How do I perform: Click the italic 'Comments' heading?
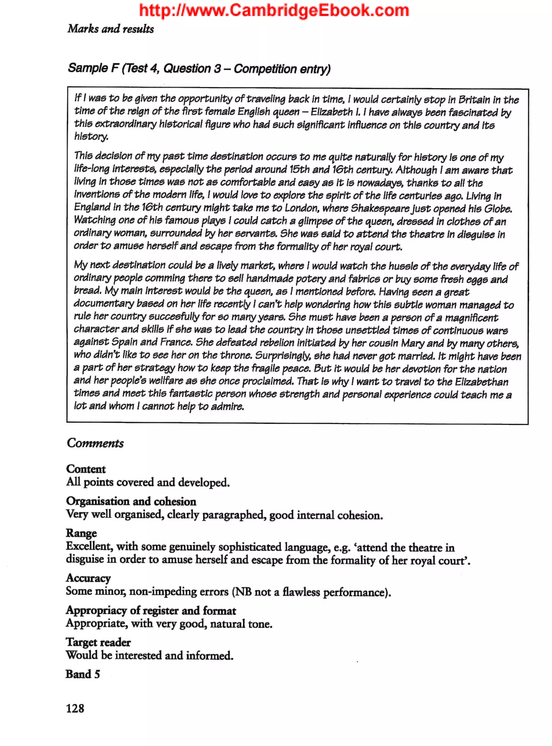95,443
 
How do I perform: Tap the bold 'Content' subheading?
86,469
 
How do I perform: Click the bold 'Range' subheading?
81,533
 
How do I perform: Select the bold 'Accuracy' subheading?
88,578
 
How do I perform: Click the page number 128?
75,708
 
